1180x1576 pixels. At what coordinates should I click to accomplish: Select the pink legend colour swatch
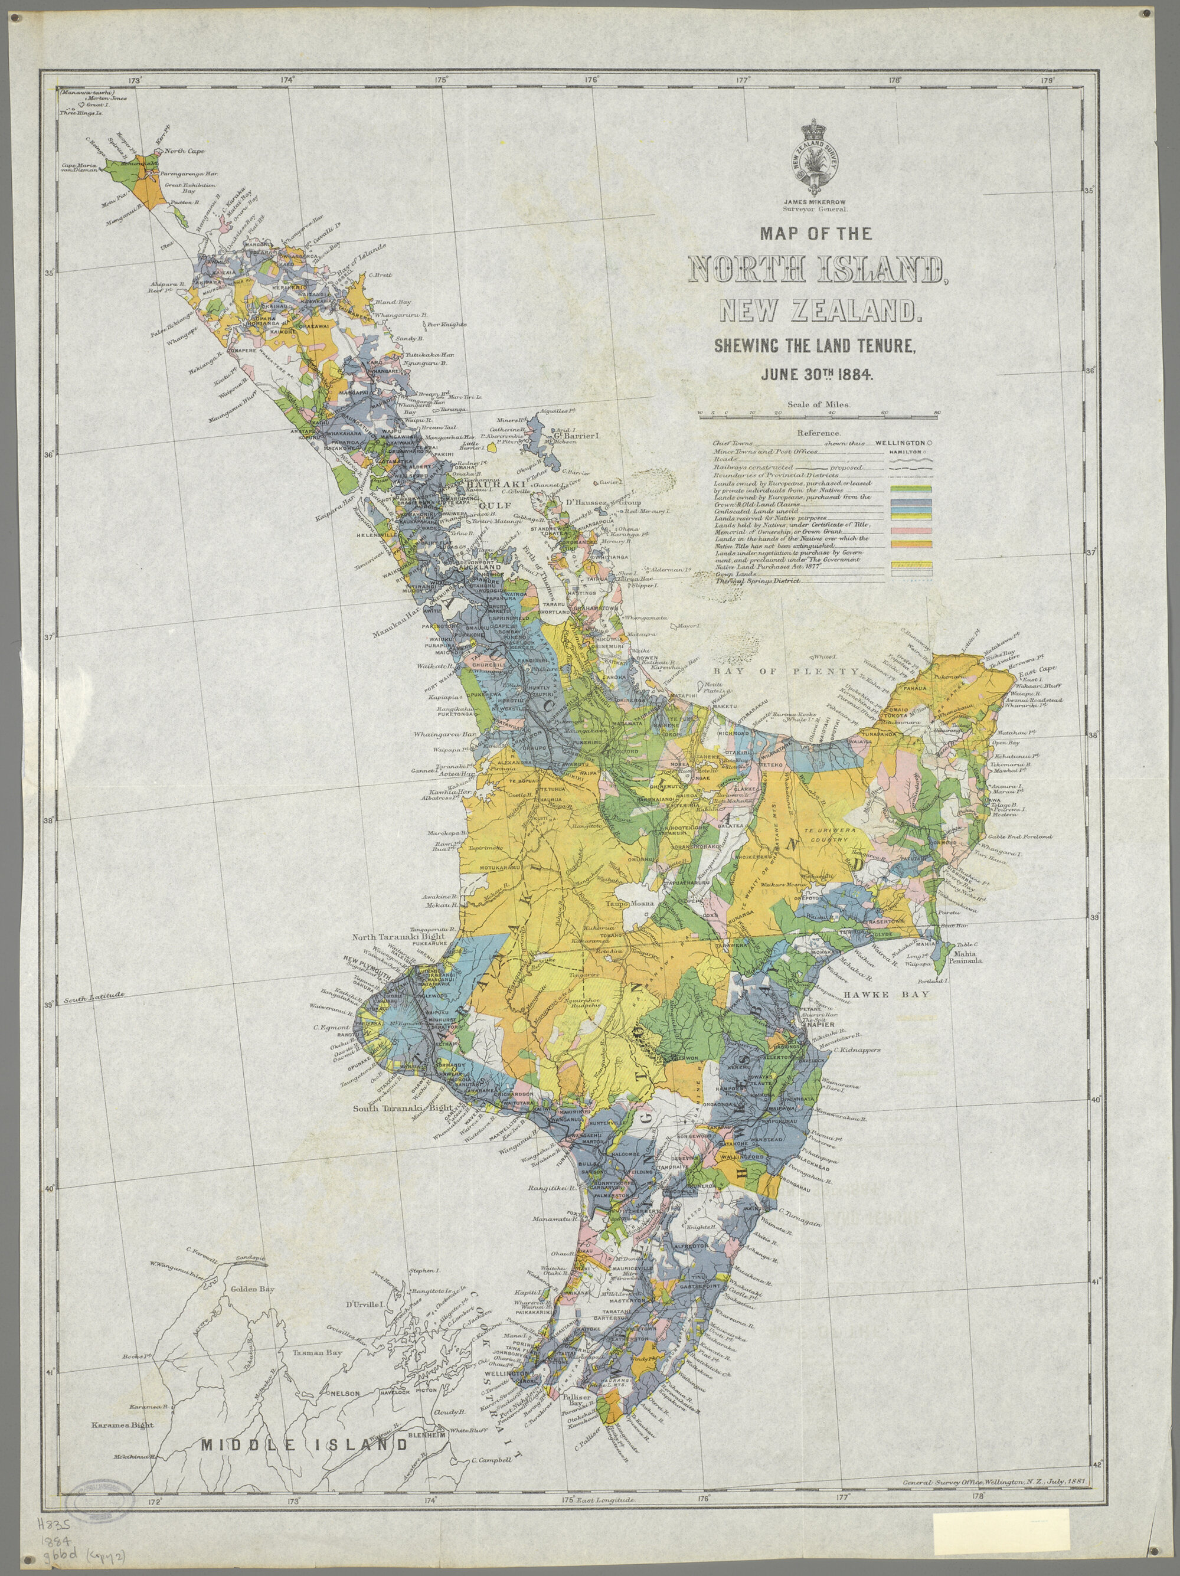(x=911, y=531)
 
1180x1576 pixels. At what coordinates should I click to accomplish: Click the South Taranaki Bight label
(x=403, y=1109)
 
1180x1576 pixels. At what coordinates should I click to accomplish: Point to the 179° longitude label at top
(x=1046, y=80)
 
